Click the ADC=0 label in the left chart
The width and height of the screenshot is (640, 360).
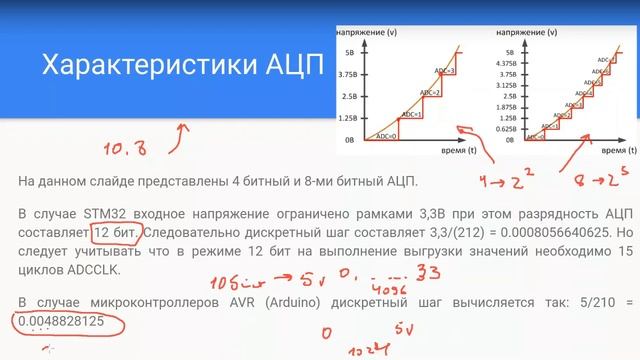384,134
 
